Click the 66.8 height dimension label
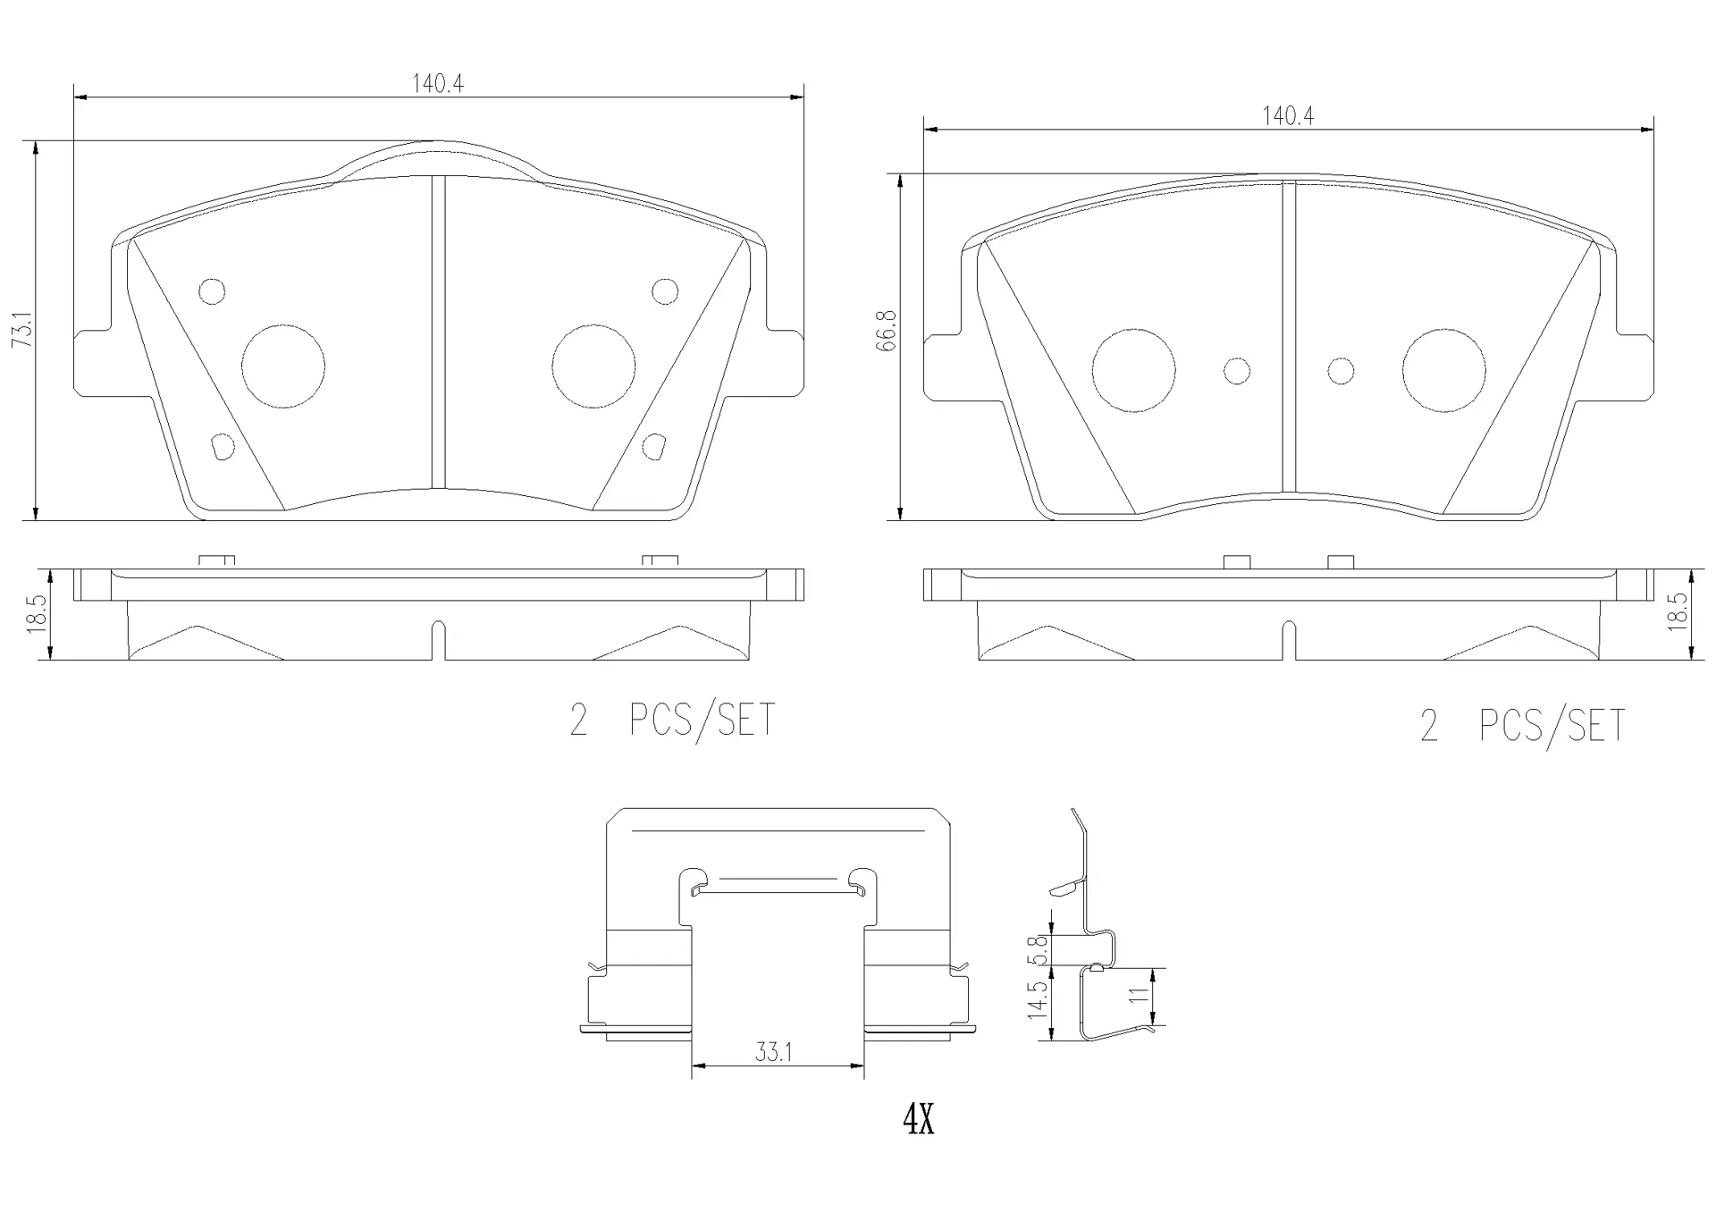pos(887,331)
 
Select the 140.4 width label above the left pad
pos(437,84)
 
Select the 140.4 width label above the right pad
pos(1287,116)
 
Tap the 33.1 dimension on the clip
pos(773,1053)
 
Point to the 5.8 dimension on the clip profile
pos(1037,949)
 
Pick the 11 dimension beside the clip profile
pos(1139,996)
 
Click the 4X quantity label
pos(918,1118)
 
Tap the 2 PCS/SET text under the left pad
pos(672,720)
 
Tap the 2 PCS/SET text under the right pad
pos(1522,726)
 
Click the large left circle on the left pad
pos(282,366)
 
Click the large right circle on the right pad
pos(1443,371)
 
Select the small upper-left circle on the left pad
pos(212,291)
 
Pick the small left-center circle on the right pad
pos(1237,371)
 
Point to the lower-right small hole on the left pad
pos(655,445)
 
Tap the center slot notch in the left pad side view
pos(438,639)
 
